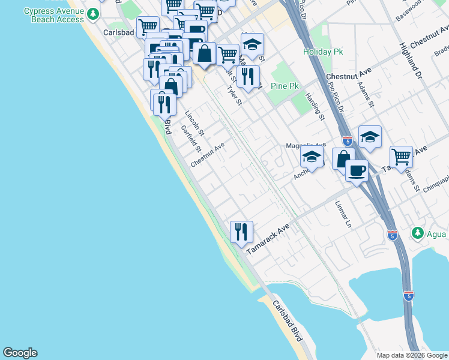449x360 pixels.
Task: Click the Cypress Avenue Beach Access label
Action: (x=54, y=16)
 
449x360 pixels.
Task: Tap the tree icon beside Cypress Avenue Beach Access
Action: (x=92, y=13)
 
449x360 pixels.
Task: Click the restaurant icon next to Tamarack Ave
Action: (x=241, y=231)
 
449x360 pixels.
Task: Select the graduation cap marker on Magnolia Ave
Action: (x=312, y=158)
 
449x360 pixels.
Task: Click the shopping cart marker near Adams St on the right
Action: (x=401, y=157)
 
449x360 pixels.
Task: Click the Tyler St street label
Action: (x=234, y=95)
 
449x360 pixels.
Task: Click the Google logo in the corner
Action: (x=20, y=353)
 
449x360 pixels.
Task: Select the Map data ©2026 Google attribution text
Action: (x=411, y=355)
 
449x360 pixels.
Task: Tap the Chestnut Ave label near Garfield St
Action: (x=207, y=155)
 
